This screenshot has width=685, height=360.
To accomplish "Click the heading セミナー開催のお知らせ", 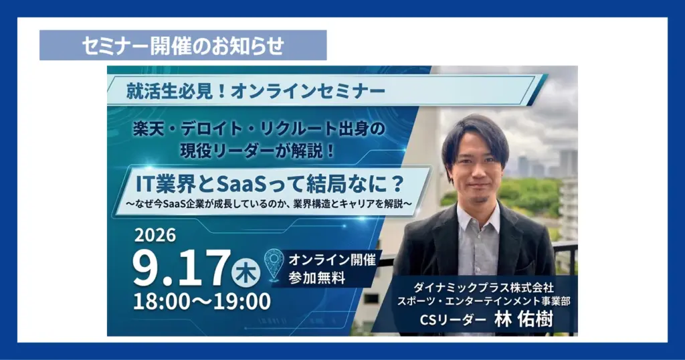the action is (183, 46).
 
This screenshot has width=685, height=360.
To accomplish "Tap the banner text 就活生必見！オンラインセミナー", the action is (256, 91).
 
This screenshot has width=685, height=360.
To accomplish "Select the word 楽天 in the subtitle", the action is (148, 129).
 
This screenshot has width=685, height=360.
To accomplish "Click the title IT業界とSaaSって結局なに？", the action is (270, 184).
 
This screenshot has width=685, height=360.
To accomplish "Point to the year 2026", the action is (155, 236).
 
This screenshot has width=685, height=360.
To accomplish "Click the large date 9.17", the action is (181, 268).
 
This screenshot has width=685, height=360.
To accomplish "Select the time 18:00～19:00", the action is (202, 302).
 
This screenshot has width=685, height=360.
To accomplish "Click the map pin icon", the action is (274, 264).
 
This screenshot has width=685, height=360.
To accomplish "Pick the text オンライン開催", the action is (332, 260).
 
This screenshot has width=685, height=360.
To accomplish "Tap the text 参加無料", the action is (316, 278).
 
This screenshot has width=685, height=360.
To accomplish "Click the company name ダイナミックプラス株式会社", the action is (484, 288).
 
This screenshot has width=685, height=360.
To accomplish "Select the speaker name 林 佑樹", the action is (524, 319).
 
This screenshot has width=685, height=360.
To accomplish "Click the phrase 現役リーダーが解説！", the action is (258, 151).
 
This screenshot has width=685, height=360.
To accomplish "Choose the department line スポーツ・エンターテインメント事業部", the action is (484, 302).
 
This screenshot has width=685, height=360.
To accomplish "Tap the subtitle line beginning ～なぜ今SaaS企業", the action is (269, 204).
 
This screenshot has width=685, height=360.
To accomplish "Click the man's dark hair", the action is (475, 133).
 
